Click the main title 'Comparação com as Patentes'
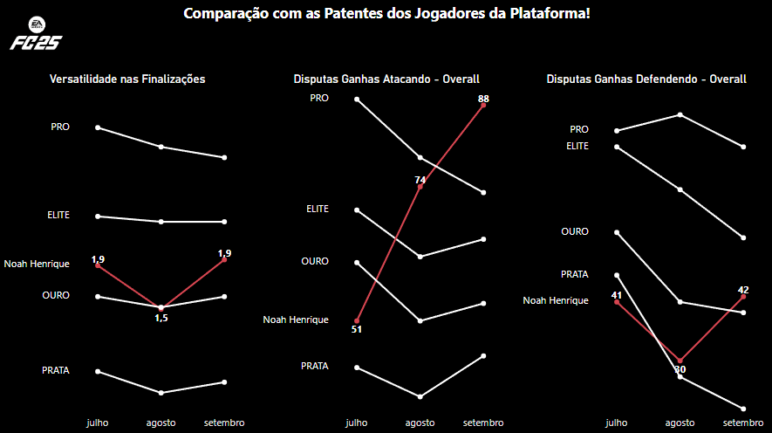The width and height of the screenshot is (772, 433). coord(386,15)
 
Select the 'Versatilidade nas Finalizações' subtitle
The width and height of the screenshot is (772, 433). coord(127,79)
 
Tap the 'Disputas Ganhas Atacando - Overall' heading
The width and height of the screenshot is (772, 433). coord(386,79)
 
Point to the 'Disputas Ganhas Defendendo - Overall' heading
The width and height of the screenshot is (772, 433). coord(646,79)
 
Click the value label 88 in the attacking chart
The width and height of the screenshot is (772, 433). coord(483,99)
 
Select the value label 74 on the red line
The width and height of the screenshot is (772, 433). coord(420,180)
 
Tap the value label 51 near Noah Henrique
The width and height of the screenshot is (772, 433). coord(356,329)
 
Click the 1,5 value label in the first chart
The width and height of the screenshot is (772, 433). coord(161,318)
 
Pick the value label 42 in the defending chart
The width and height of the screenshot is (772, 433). coord(743,290)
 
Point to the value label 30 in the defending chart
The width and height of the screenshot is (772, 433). coord(680,369)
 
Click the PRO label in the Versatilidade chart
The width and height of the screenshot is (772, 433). coord(60,127)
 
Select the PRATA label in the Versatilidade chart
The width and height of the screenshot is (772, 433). coord(56,370)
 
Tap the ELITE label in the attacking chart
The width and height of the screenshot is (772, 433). coord(318,209)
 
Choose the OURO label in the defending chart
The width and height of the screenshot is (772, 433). coord(575,231)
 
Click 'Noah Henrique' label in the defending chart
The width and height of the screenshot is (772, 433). coord(556,300)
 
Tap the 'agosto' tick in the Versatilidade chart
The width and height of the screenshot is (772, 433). coord(161,423)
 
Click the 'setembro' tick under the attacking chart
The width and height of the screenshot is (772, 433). coord(483,423)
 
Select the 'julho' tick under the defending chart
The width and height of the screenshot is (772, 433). coord(616,423)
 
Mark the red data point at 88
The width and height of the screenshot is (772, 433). coord(483,106)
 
